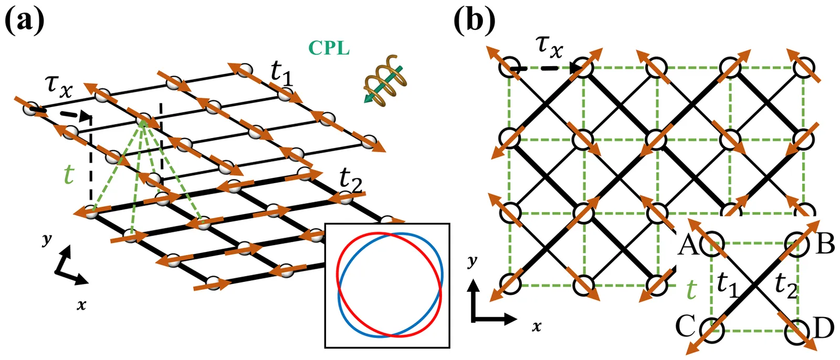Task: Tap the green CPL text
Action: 329,48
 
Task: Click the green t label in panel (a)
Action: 68,174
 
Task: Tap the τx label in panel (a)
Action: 58,86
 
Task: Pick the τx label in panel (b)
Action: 549,46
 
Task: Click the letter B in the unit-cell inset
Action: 825,244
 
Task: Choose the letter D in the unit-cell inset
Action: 825,329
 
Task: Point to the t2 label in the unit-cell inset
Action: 785,287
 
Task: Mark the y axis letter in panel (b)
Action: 473,261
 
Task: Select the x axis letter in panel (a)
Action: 81,304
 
